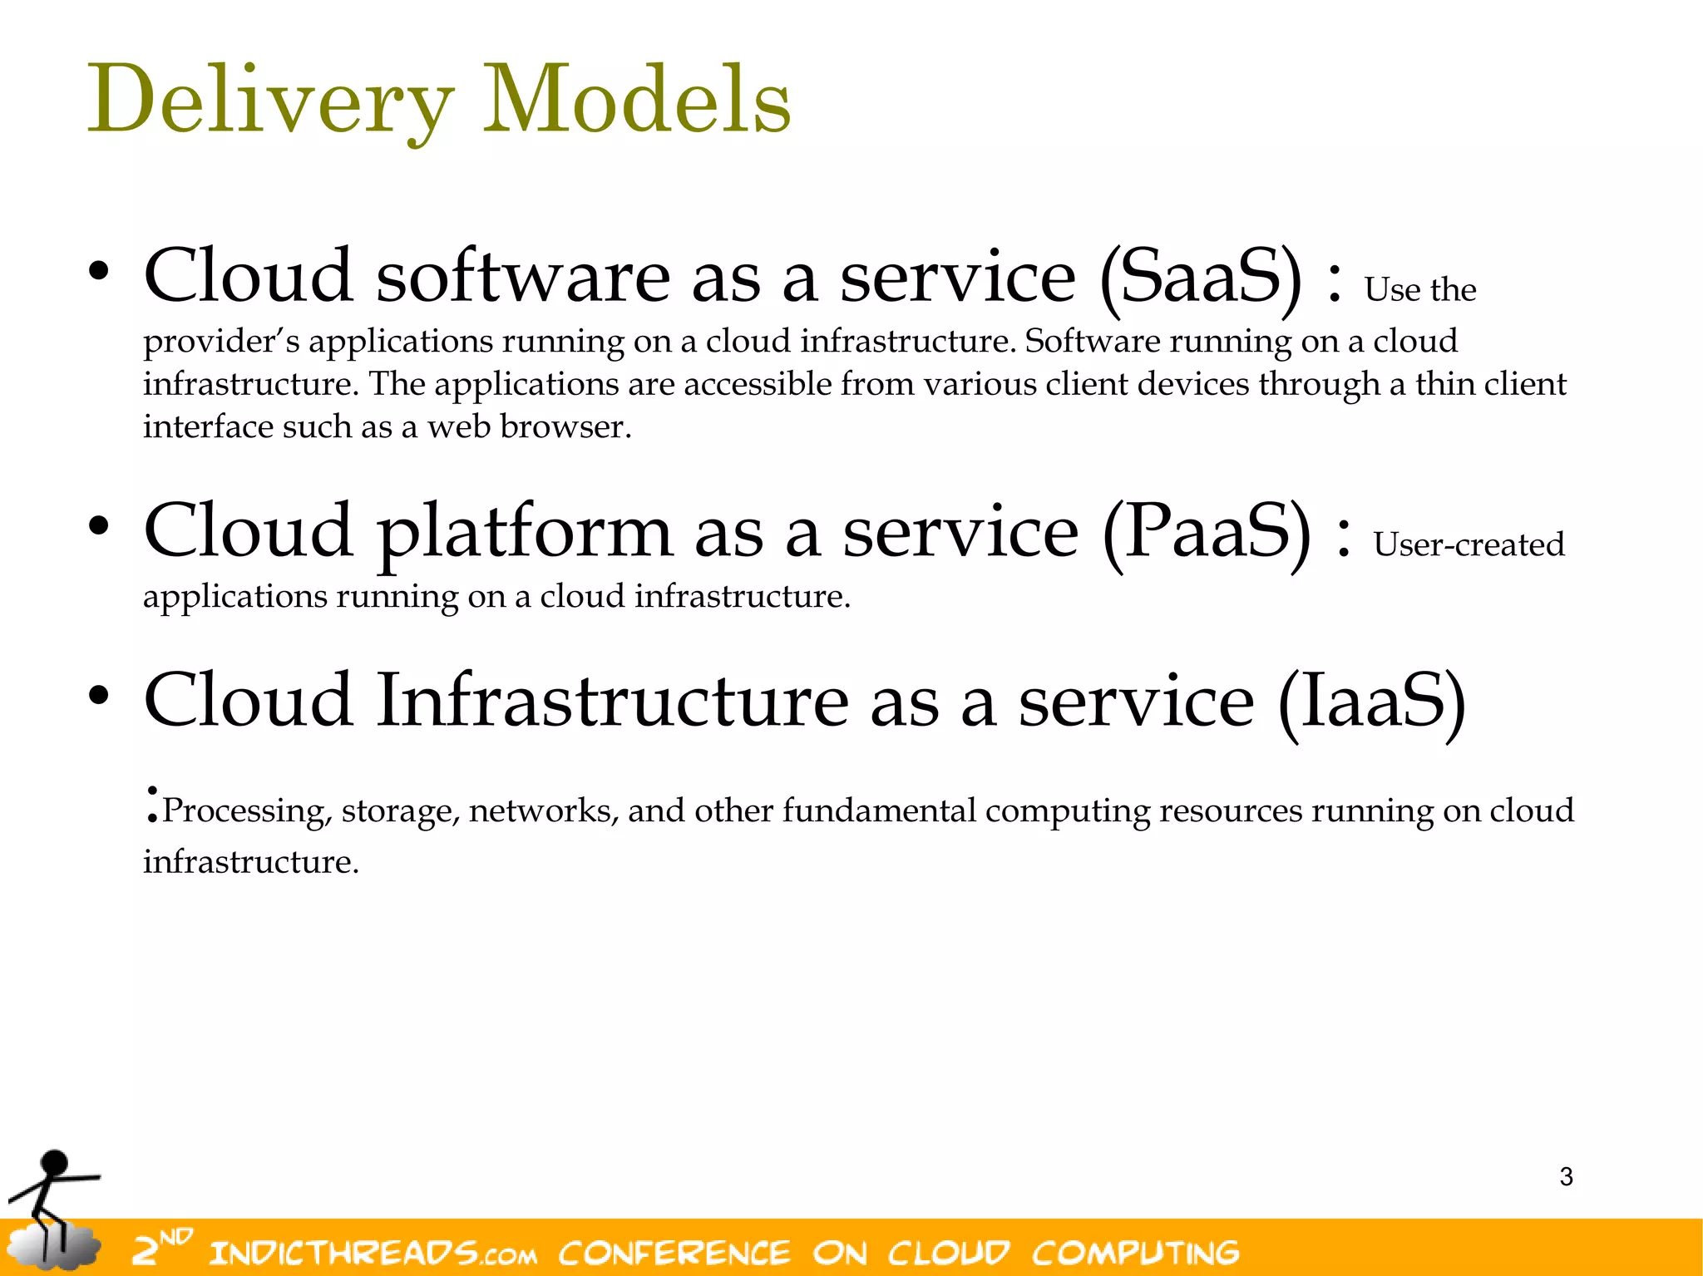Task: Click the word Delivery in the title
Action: tap(270, 101)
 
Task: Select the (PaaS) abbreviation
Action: tap(1206, 533)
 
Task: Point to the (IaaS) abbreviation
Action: tap(1372, 703)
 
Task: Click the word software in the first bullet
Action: tap(522, 277)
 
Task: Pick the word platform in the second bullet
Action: tap(524, 533)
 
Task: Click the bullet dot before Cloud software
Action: tap(99, 271)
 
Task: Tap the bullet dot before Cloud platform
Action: tap(99, 526)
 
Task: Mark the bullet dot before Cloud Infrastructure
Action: tap(99, 696)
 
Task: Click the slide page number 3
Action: tap(1566, 1177)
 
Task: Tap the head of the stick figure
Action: tap(55, 1163)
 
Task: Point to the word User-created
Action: tap(1469, 545)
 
